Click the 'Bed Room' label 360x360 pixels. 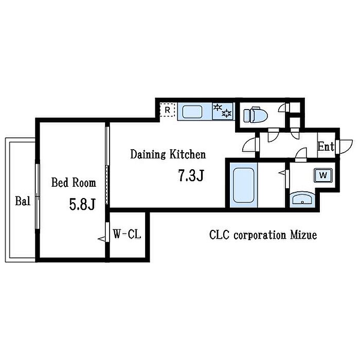pos(74,183)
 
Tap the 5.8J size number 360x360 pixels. pos(82,204)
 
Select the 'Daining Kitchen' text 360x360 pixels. pos(168,154)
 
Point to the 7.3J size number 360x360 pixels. pos(191,175)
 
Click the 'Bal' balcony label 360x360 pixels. pos(23,201)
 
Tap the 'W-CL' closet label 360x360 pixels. pos(127,234)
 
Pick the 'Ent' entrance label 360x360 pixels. pos(326,147)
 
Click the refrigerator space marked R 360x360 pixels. pos(168,110)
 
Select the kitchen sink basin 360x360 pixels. pos(192,112)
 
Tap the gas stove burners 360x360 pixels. pos(223,111)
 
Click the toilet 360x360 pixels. pos(255,114)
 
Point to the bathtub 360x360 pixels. pos(244,185)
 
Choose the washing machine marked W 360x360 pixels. pos(323,176)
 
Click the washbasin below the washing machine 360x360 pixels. pos(302,200)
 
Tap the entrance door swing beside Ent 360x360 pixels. pos(346,147)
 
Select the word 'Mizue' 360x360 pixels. pos(304,235)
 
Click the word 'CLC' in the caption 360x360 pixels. pos(220,235)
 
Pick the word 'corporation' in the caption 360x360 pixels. pos(260,236)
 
